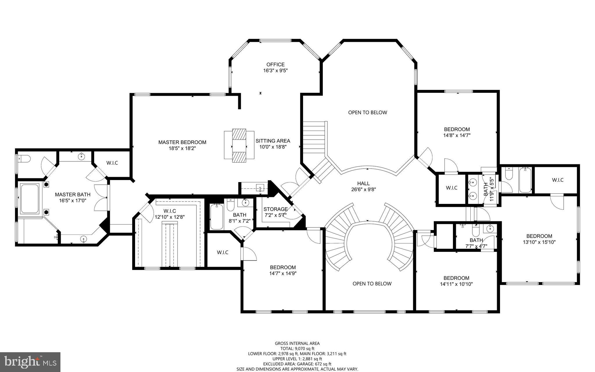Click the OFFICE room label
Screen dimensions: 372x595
[275, 65]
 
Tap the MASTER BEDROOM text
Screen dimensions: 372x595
[182, 142]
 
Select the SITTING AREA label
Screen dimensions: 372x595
[273, 141]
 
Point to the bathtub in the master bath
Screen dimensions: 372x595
[29, 198]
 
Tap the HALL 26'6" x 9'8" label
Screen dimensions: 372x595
[363, 186]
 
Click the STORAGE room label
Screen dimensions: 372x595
[275, 209]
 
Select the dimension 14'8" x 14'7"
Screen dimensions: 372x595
[457, 135]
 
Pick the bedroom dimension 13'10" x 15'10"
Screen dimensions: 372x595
[539, 242]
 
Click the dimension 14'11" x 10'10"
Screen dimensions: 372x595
[456, 284]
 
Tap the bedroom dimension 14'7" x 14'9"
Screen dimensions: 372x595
[283, 273]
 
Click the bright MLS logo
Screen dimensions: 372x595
[30, 362]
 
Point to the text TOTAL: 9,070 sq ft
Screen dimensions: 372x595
[297, 348]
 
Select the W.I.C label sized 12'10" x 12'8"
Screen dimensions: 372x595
[170, 214]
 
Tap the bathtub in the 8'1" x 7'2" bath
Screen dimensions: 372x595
[216, 216]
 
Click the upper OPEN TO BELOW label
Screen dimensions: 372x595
[368, 113]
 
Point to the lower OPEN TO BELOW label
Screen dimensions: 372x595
[372, 284]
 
